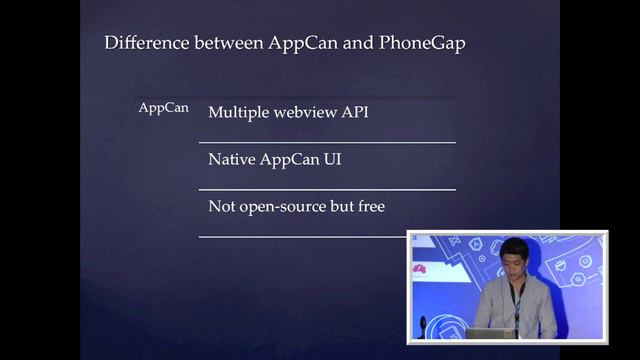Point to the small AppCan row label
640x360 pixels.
[x=163, y=108]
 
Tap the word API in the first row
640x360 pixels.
[x=356, y=112]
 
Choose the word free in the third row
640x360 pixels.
[x=368, y=206]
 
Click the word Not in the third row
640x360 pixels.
[x=221, y=206]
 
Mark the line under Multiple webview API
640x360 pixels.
[x=327, y=143]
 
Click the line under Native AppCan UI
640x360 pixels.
[x=327, y=189]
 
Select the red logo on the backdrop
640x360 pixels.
[x=419, y=269]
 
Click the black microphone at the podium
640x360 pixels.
[x=423, y=325]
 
